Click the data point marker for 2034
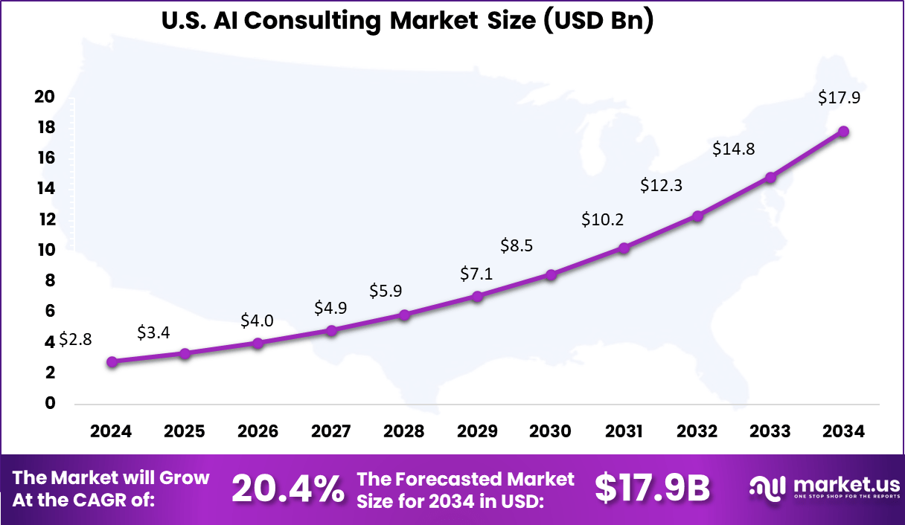click(844, 132)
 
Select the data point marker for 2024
click(112, 362)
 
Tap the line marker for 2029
click(478, 297)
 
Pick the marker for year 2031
click(624, 248)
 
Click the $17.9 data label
click(839, 97)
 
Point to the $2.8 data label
click(74, 340)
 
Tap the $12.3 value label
click(662, 186)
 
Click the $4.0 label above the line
click(257, 321)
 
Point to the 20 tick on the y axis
click(45, 97)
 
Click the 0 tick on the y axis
click(51, 403)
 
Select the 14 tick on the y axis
click(45, 189)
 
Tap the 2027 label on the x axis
click(330, 432)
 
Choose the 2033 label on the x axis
click(770, 432)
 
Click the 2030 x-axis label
click(550, 432)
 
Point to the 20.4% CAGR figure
click(287, 489)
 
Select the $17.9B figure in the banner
click(652, 488)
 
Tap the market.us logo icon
click(767, 488)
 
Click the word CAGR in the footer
click(124, 500)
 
